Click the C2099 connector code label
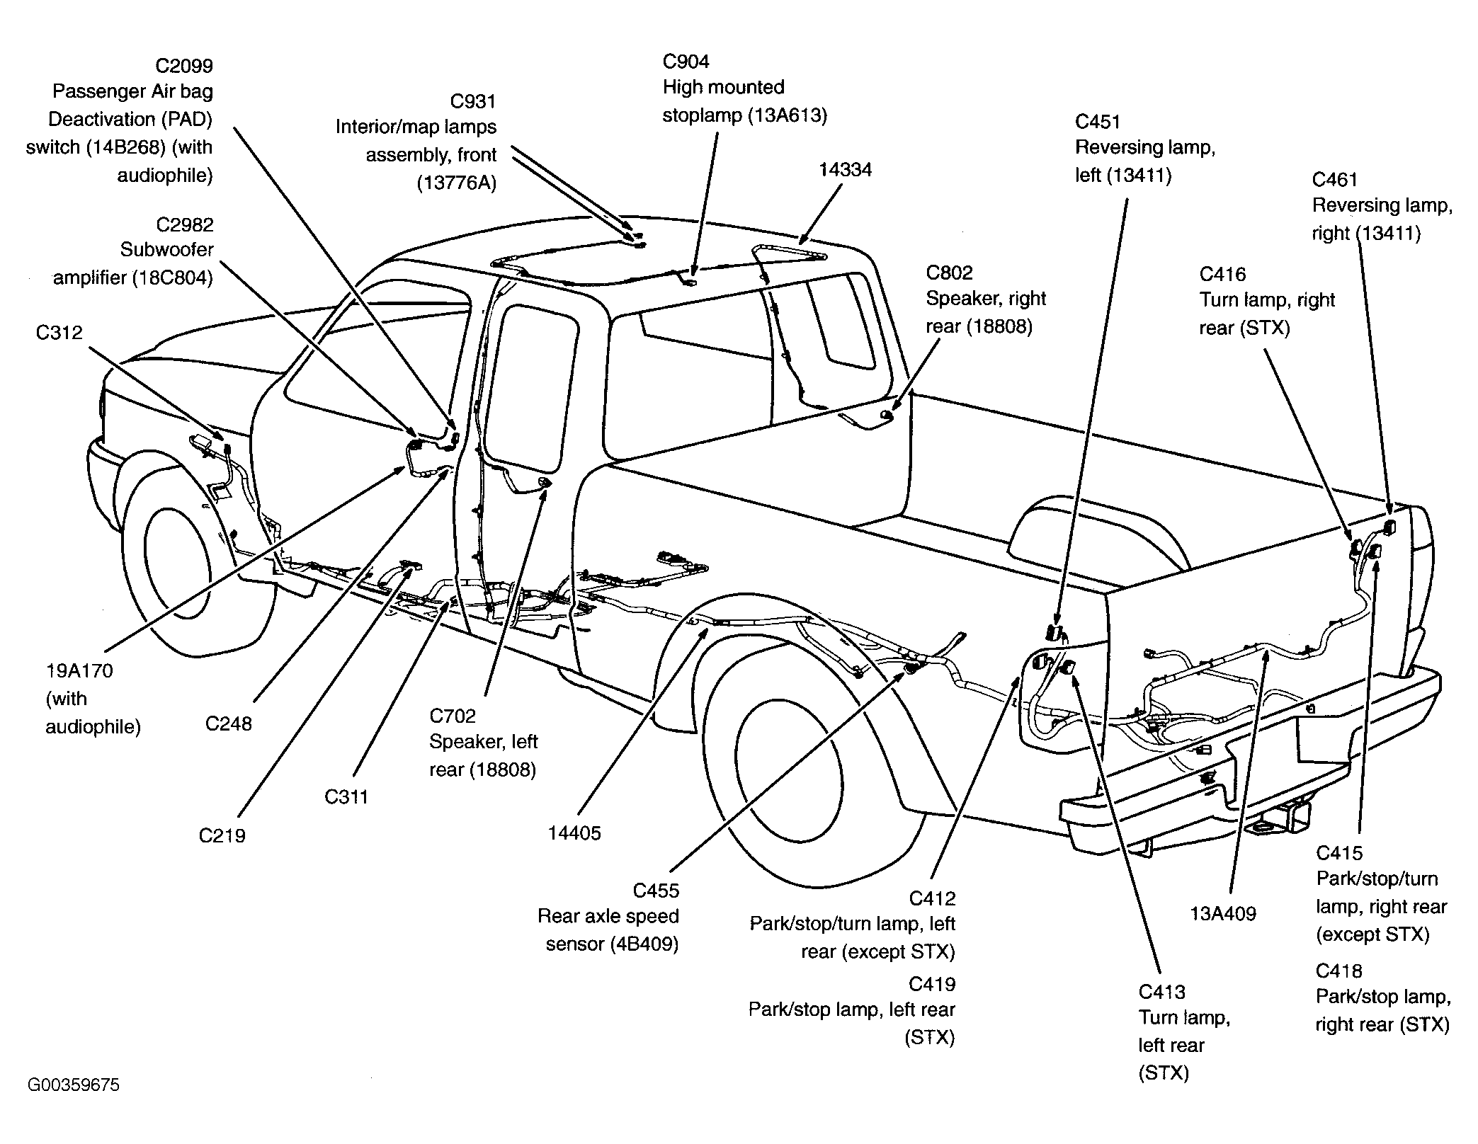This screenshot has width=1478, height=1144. pos(184,66)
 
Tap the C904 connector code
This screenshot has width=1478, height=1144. pos(686,62)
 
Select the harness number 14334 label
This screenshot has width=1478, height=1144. pos(845,170)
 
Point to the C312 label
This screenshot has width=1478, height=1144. pos(59,333)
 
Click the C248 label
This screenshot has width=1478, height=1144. pos(228,723)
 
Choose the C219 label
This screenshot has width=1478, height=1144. pos(222,835)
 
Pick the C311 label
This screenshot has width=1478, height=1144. pos(346,796)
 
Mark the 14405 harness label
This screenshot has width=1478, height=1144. pos(574,833)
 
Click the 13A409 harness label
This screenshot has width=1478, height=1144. pos(1223,914)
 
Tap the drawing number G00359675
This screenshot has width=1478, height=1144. pos(74,1085)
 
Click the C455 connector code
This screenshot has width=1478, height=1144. pos(656,891)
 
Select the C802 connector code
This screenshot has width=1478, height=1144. pos(950,273)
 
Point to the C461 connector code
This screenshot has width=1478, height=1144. pos(1335,180)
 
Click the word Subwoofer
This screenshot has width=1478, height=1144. pos(167,250)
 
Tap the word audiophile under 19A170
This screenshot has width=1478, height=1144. pos(93,727)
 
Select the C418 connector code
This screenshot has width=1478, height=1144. pos(1339,971)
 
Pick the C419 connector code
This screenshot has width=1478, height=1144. pos(932,984)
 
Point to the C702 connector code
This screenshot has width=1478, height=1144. pos(453,716)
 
